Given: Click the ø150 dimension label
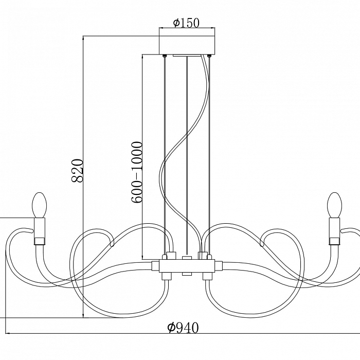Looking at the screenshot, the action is (x=186, y=23).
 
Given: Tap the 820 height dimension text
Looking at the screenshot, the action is (x=77, y=170).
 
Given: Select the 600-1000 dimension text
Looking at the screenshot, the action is (x=137, y=172).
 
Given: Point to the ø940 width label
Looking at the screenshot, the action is (x=183, y=328).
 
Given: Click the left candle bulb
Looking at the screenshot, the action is (x=40, y=205).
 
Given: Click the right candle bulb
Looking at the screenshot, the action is (x=335, y=205).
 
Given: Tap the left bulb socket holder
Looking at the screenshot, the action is (x=40, y=231).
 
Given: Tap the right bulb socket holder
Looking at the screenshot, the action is (x=334, y=231).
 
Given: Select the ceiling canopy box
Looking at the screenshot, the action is (x=187, y=45).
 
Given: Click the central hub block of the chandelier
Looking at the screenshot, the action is (x=187, y=266).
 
